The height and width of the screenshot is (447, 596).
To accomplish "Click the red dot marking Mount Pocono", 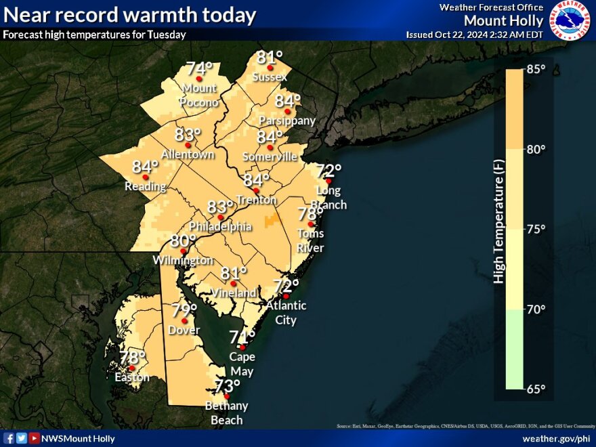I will (199, 79).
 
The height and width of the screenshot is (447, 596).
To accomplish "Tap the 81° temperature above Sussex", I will (269, 58).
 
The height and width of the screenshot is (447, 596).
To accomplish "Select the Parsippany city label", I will (288, 121).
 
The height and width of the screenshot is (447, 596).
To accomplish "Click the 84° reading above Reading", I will (145, 167).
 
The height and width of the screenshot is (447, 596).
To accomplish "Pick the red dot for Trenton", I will (256, 190).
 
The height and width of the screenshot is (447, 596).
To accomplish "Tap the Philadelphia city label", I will (220, 226).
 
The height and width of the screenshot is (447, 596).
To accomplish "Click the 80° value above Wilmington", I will (183, 240).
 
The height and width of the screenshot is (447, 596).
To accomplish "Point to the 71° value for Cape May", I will (242, 337).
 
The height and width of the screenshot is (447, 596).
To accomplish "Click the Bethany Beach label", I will (227, 412).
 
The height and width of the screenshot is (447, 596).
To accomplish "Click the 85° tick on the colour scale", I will (536, 70).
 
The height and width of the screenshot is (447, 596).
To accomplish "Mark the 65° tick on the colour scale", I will (536, 389).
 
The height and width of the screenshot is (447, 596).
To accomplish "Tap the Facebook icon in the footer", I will (9, 438).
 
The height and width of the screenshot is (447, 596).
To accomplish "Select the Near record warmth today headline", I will (129, 15).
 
